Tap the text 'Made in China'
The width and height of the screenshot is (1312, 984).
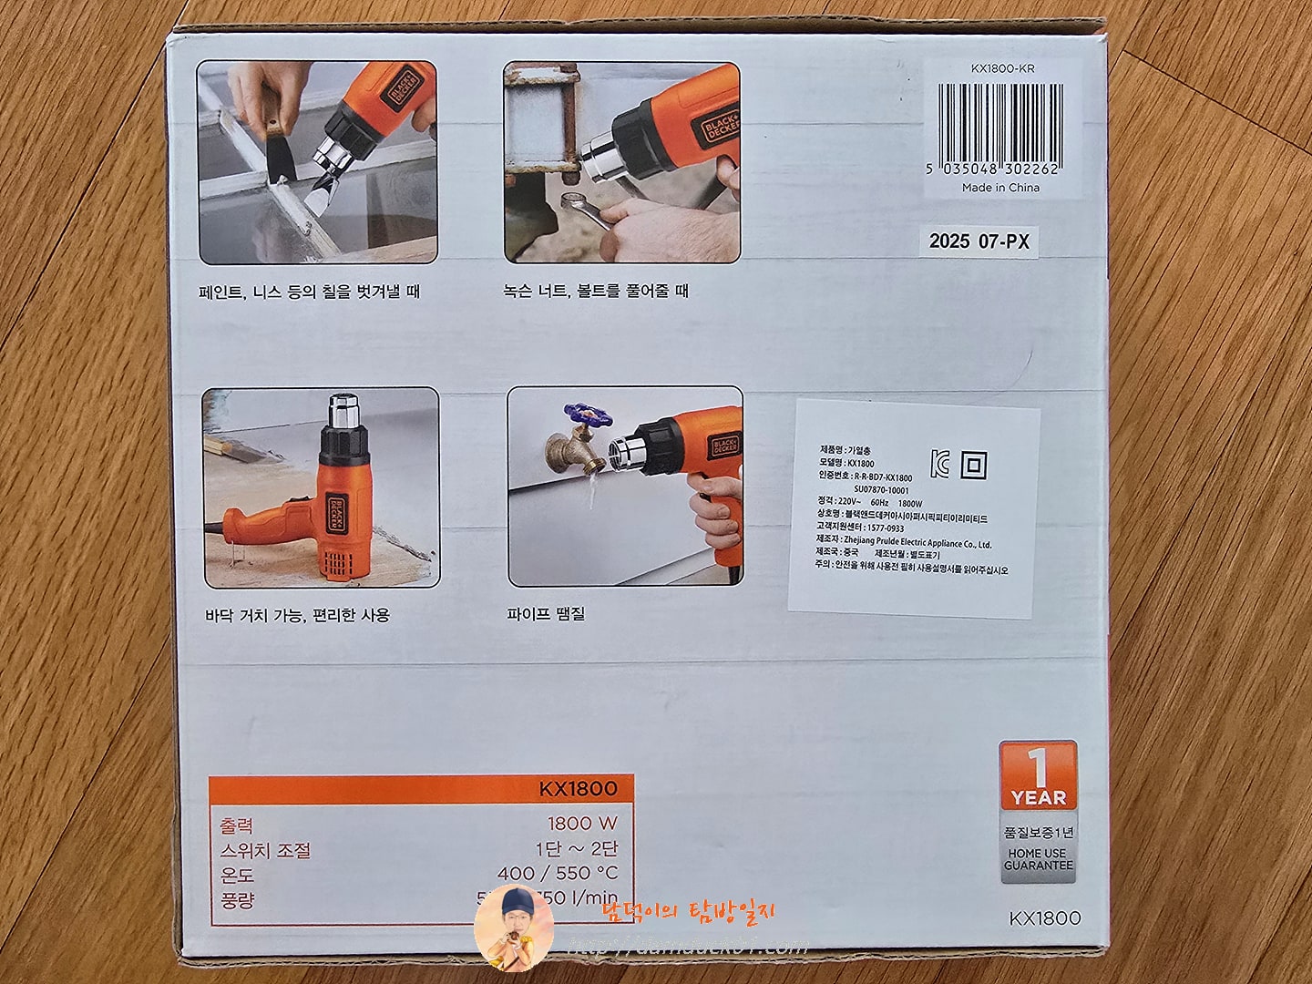(1000, 188)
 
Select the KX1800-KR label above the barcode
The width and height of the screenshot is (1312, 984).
(1003, 68)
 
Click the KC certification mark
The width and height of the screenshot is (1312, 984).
(939, 464)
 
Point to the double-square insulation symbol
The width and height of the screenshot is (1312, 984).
(974, 466)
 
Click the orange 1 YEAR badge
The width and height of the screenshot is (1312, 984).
(1038, 776)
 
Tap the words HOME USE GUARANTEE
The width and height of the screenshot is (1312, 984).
(1039, 859)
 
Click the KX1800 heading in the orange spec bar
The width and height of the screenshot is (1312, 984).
(578, 789)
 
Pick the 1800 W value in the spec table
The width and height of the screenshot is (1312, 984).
(582, 823)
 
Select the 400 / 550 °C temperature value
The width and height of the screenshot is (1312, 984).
(557, 873)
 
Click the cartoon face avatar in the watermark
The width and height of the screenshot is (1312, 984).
(513, 928)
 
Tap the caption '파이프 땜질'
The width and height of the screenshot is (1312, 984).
(546, 613)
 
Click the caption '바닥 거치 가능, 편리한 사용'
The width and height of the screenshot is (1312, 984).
(297, 615)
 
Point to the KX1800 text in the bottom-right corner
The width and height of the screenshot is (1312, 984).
(1045, 917)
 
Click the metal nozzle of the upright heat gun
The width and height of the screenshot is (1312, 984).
(344, 412)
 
